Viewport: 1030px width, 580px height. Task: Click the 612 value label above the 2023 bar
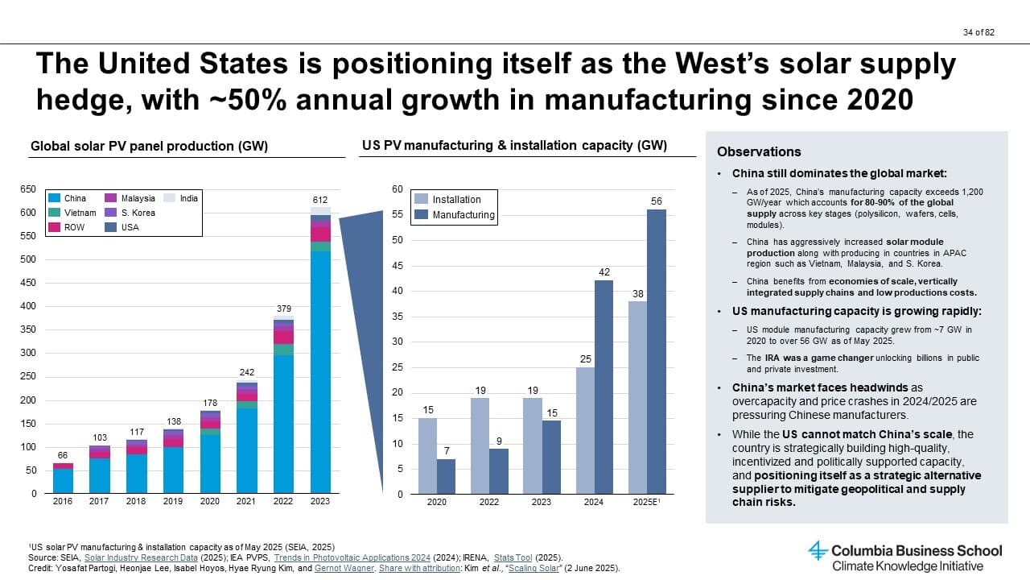320,199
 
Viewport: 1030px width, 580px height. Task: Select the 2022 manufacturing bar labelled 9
499,471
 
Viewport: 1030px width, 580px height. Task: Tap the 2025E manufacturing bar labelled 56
657,351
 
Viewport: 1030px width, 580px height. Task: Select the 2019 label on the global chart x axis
174,501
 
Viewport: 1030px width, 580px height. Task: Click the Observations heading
759,151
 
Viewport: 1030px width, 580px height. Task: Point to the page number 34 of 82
979,32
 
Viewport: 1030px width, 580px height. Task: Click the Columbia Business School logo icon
818,551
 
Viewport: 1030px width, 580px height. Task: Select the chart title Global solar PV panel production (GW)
149,146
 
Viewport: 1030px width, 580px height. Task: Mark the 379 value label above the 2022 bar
284,309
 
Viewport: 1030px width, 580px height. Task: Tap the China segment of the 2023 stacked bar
320,371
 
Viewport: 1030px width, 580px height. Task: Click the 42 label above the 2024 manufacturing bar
604,273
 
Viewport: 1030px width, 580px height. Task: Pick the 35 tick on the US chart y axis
398,317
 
